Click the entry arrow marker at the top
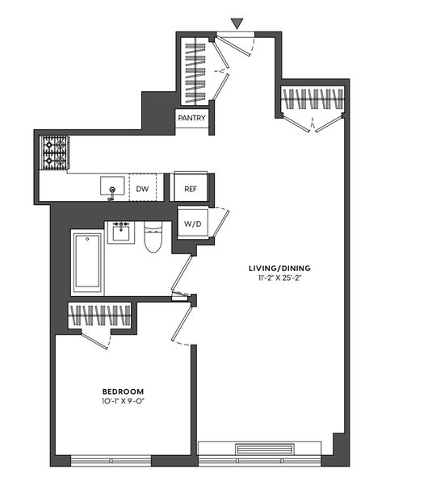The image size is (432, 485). [x=236, y=23]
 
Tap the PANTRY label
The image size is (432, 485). [x=192, y=119]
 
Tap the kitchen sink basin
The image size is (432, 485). [x=111, y=187]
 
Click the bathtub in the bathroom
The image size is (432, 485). [x=86, y=262]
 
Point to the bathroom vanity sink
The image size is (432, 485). [x=122, y=232]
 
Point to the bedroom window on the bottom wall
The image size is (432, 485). [x=111, y=461]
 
